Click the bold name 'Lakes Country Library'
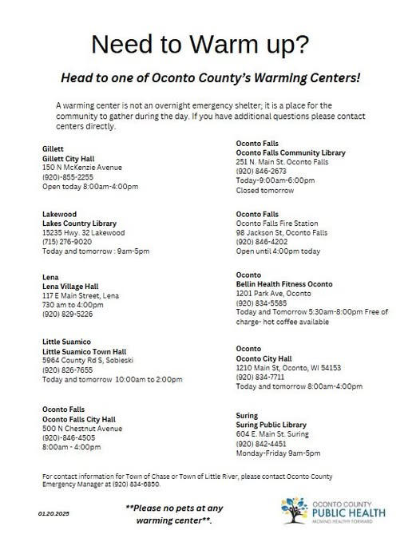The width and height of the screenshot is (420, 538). pyautogui.click(x=79, y=223)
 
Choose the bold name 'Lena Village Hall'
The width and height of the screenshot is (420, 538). pyautogui.click(x=70, y=286)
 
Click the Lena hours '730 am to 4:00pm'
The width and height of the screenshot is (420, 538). pyautogui.click(x=71, y=304)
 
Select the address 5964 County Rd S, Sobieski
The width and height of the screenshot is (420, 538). pyautogui.click(x=87, y=359)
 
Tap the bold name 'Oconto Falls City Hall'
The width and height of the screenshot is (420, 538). pyautogui.click(x=79, y=418)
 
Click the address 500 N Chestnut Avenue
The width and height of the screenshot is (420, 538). pyautogui.click(x=83, y=428)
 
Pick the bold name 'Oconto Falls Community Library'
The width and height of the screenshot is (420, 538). pyautogui.click(x=290, y=152)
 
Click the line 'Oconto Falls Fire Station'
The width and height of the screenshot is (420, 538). pyautogui.click(x=277, y=223)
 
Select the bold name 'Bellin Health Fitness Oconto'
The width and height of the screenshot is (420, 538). pyautogui.click(x=284, y=284)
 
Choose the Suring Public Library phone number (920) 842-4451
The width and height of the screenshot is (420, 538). pyautogui.click(x=261, y=443)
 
